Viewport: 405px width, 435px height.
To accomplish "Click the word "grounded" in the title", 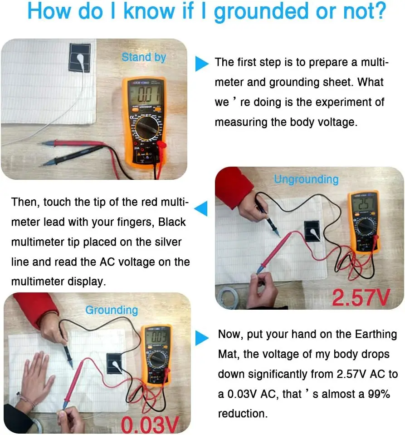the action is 261,11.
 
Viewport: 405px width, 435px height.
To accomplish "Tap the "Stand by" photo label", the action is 144,57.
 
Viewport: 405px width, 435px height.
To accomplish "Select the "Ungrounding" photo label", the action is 307,179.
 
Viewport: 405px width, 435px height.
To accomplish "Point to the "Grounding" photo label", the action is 112,310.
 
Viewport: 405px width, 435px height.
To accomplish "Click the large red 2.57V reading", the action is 361,297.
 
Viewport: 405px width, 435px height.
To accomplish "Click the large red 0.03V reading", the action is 150,425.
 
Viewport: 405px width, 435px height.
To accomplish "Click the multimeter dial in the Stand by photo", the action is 147,128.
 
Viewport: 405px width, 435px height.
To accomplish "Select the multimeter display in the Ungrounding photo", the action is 363,204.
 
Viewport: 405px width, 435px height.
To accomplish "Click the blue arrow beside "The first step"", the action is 202,64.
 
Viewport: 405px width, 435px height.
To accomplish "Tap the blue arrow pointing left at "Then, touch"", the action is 201,208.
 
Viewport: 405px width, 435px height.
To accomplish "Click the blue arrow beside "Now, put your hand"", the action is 202,338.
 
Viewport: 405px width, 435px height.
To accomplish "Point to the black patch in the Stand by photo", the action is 79,57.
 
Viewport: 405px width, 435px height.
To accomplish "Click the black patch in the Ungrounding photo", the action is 312,231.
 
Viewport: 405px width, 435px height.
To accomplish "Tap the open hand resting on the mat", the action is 37,375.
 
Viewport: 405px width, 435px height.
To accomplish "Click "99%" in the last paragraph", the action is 379,394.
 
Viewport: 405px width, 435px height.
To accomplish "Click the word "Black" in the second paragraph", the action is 172,222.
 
